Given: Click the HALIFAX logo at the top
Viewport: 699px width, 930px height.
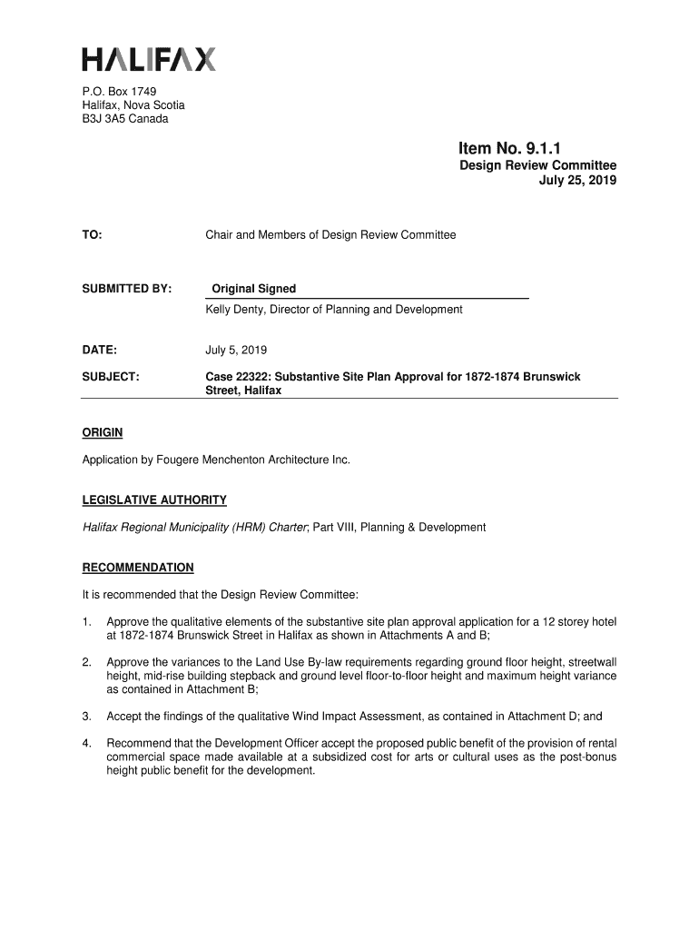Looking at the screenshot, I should click(x=149, y=61).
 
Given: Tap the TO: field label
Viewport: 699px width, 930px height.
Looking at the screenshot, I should click(x=92, y=235).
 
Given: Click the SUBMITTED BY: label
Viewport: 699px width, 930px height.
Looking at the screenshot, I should click(x=127, y=289).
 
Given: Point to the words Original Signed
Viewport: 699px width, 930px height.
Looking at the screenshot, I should click(x=254, y=289).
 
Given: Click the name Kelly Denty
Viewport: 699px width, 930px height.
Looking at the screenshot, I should click(x=237, y=310).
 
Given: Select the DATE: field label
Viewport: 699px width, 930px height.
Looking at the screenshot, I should click(x=100, y=350).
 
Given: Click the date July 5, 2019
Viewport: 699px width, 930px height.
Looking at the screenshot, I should click(x=236, y=350).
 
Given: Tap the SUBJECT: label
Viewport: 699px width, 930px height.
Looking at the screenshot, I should click(x=111, y=376).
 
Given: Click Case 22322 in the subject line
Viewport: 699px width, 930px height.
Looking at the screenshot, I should click(x=239, y=376).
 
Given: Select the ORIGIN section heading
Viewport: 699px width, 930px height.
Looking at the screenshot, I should click(x=103, y=432).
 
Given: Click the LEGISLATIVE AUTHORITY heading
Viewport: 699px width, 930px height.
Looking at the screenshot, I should click(x=154, y=500).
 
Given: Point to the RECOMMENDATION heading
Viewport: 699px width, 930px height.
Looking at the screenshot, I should click(x=138, y=568).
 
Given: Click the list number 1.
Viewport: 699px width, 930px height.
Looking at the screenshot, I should click(x=86, y=622).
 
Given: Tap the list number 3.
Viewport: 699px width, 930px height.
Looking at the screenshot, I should click(x=86, y=717).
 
